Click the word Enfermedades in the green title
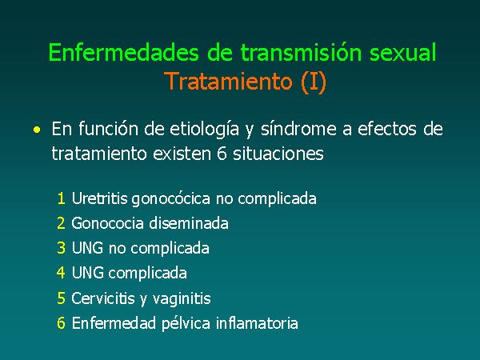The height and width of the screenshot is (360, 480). click(x=123, y=52)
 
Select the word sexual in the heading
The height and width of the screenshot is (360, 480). click(x=402, y=52)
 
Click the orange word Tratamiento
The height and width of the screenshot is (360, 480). click(x=228, y=81)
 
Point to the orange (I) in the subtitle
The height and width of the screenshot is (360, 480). click(x=314, y=82)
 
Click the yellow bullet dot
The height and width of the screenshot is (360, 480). click(x=37, y=130)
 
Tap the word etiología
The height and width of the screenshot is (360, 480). click(x=204, y=129)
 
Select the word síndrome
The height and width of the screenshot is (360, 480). click(x=298, y=129)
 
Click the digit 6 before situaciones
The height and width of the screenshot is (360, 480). click(x=222, y=153)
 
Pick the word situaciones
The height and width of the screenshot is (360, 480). click(x=278, y=153)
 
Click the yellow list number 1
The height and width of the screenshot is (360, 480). click(x=62, y=198)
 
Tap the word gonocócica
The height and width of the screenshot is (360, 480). click(x=171, y=199)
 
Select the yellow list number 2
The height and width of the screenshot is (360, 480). click(x=61, y=223)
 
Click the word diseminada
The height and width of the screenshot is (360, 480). click(x=189, y=223)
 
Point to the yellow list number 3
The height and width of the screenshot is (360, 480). click(x=61, y=248)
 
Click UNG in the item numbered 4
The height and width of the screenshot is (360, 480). click(x=87, y=273)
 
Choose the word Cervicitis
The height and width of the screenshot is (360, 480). click(x=103, y=298)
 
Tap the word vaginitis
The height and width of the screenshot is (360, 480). click(x=182, y=298)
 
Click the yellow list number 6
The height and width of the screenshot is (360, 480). click(x=61, y=323)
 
